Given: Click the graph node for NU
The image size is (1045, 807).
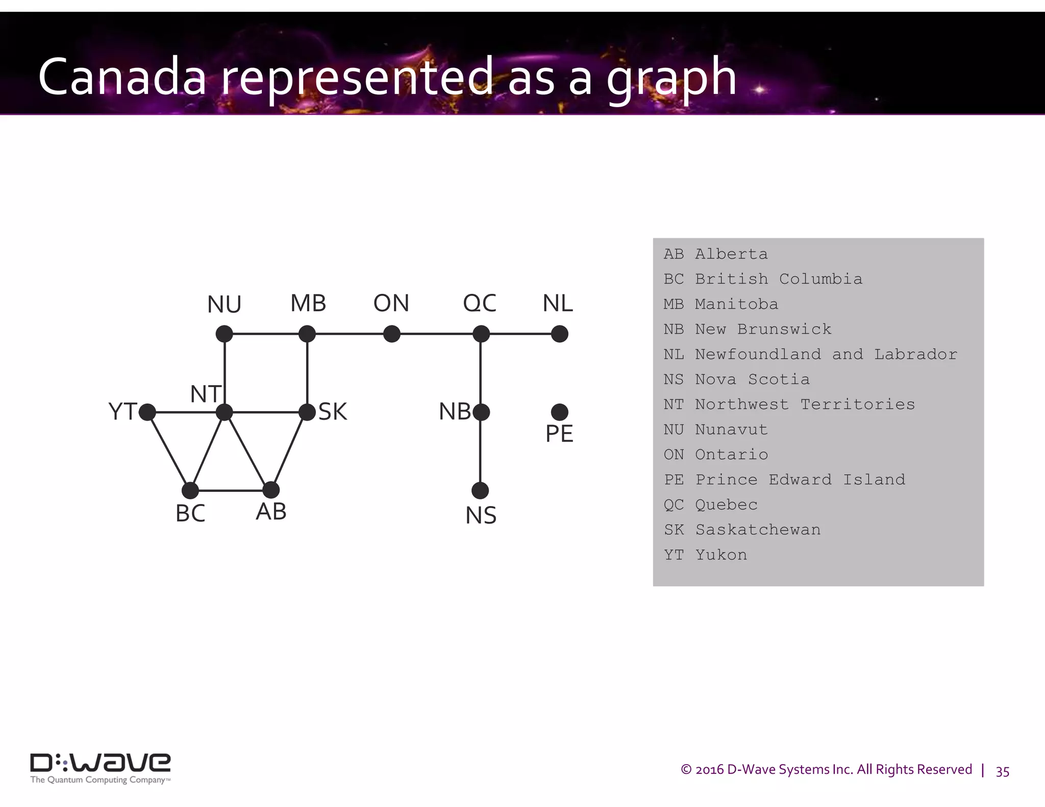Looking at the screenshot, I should [x=225, y=334].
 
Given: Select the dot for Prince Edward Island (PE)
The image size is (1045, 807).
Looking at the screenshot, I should [x=560, y=412].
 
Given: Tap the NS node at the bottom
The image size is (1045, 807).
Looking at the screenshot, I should [x=480, y=491].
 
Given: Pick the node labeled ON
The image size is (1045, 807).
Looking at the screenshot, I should [x=392, y=334].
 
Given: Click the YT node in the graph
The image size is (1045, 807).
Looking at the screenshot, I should [x=147, y=412].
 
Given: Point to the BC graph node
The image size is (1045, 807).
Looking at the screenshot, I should [x=190, y=491].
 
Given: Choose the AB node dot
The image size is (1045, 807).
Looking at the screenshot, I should [x=271, y=490].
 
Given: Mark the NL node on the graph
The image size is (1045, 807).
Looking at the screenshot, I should [x=560, y=334].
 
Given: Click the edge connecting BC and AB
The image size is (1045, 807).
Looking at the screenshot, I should [x=231, y=491].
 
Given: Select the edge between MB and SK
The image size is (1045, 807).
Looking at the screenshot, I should [x=307, y=372].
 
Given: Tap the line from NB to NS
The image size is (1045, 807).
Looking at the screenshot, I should [x=480, y=451].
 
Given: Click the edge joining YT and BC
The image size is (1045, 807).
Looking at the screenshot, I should [x=169, y=451].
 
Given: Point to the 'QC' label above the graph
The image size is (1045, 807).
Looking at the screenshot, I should [x=480, y=304].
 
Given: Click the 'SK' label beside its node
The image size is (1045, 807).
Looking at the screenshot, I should [x=333, y=412].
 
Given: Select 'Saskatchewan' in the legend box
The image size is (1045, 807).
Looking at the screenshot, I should [x=758, y=530].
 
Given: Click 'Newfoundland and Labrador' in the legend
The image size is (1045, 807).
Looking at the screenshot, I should [x=826, y=355].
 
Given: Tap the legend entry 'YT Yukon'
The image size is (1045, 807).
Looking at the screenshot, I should [x=705, y=555].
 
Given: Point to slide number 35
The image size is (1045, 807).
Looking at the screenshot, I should [x=1002, y=772].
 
